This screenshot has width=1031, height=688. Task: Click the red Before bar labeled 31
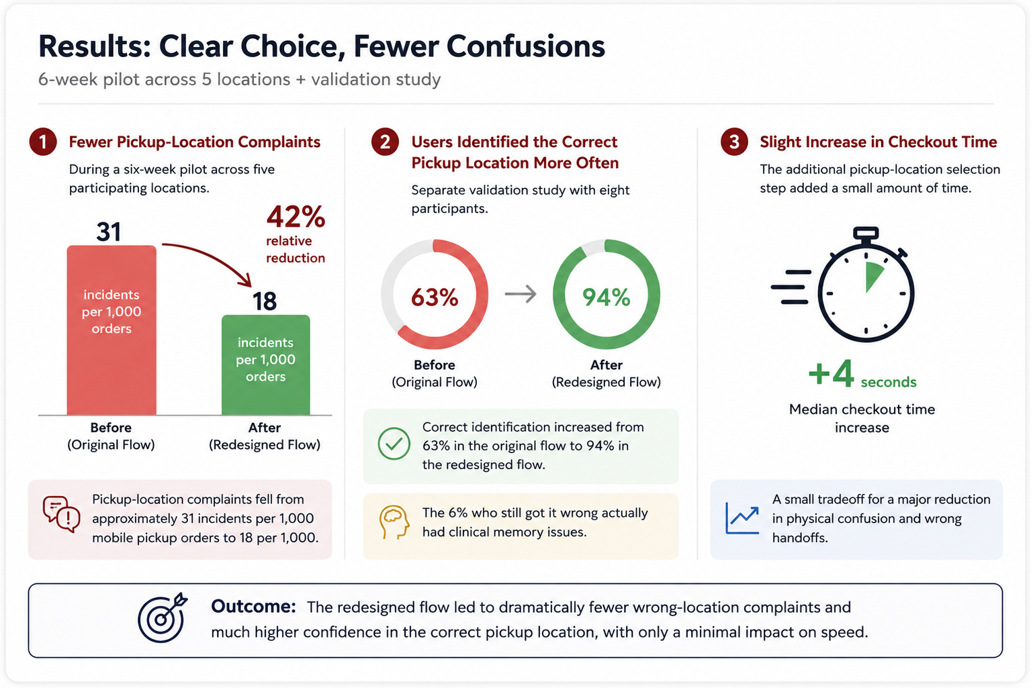pyautogui.click(x=111, y=330)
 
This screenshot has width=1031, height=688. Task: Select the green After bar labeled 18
pyautogui.click(x=265, y=365)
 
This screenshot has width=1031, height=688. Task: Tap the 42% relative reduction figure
pyautogui.click(x=296, y=217)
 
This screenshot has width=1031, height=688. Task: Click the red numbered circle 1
pyautogui.click(x=43, y=142)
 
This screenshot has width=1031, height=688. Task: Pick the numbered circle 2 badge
pyautogui.click(x=385, y=142)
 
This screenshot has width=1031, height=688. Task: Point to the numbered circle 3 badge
pyautogui.click(x=733, y=142)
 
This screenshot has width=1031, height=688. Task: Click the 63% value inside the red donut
pyautogui.click(x=435, y=297)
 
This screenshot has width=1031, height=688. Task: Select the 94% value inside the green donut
pyautogui.click(x=606, y=297)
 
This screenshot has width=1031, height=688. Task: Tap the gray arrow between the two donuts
pyautogui.click(x=521, y=294)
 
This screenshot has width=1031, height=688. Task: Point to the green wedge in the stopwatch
pyautogui.click(x=874, y=277)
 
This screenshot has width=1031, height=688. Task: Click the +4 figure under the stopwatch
pyautogui.click(x=832, y=373)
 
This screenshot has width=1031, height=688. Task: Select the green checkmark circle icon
pyautogui.click(x=394, y=444)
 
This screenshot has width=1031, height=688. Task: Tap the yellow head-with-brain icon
pyautogui.click(x=394, y=522)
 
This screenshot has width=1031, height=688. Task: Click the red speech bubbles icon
pyautogui.click(x=61, y=515)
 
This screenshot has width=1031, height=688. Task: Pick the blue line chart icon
pyautogui.click(x=742, y=518)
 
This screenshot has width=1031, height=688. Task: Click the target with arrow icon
pyautogui.click(x=163, y=618)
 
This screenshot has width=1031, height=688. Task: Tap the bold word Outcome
pyautogui.click(x=253, y=607)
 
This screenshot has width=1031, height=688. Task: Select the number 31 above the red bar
pyautogui.click(x=109, y=232)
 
